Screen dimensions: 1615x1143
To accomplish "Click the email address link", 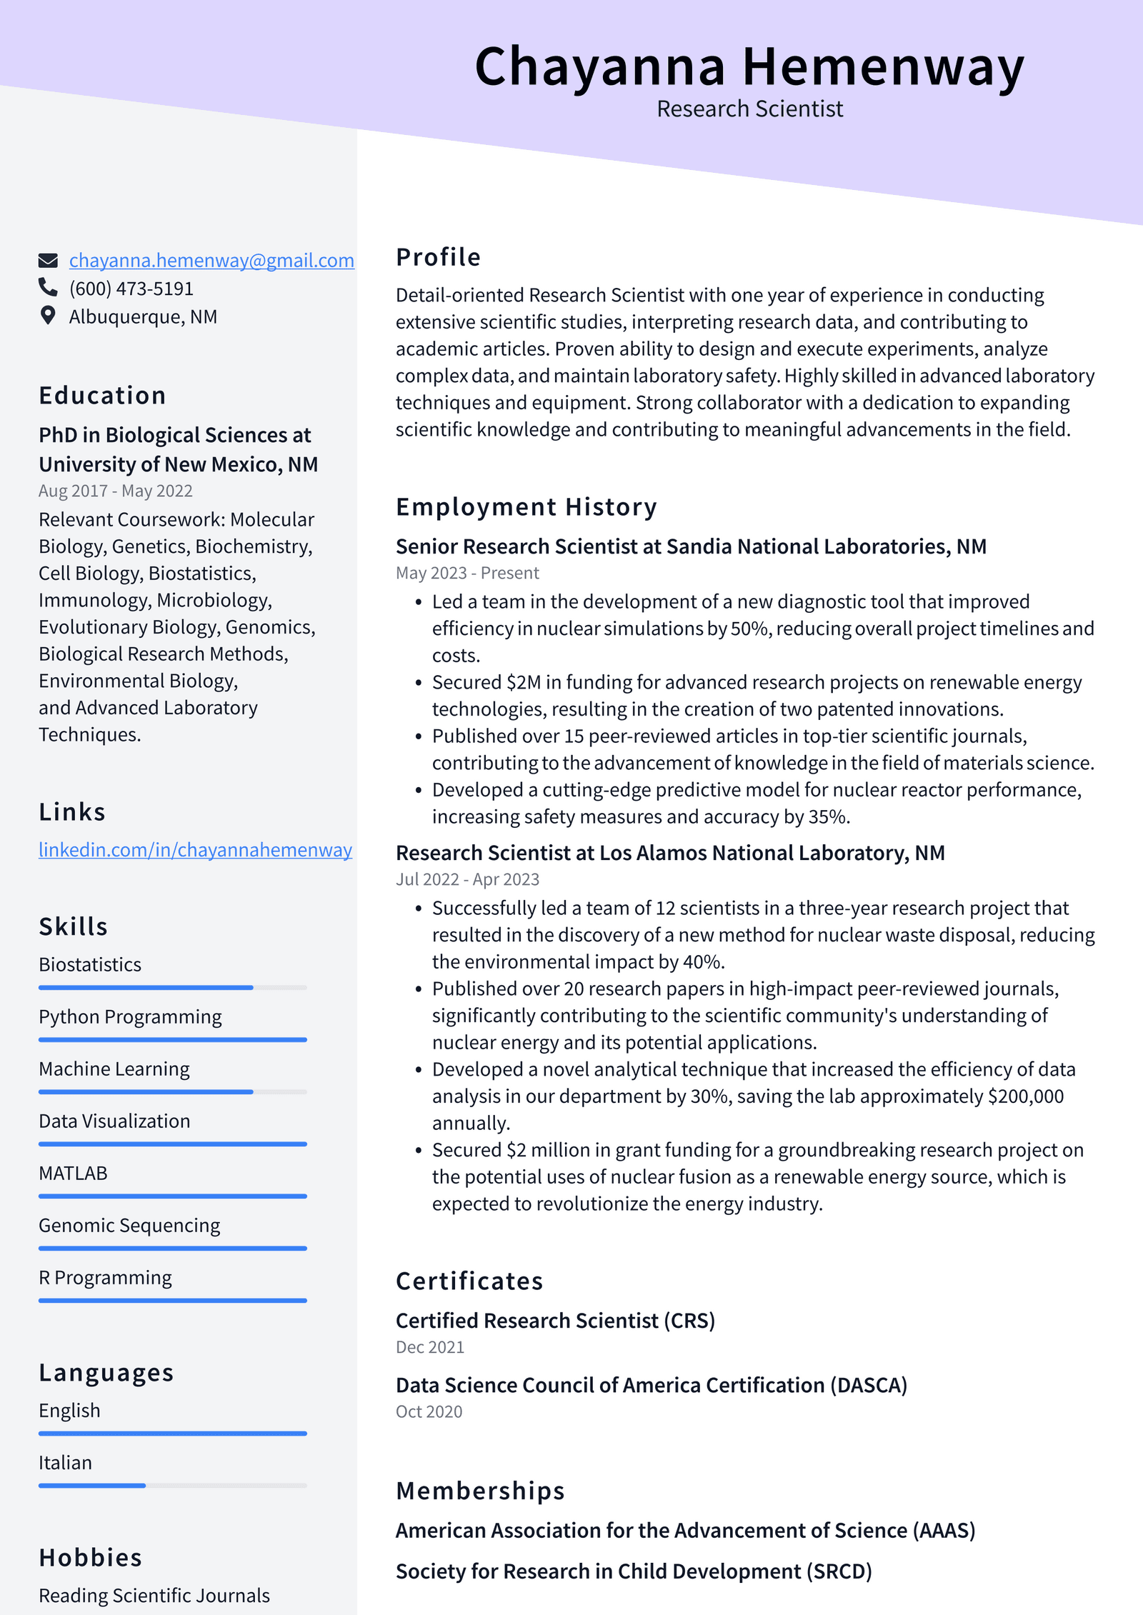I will click(x=211, y=261).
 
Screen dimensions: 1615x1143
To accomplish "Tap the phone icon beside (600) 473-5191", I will click(x=48, y=287).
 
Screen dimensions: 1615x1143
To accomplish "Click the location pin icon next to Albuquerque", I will click(x=48, y=316).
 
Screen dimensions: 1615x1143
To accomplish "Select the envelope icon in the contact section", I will click(x=48, y=261).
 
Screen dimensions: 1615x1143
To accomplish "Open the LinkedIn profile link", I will click(x=195, y=850).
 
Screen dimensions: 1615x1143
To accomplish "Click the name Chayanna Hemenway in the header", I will click(x=749, y=66).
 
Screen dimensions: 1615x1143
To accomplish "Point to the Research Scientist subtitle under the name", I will click(x=749, y=109).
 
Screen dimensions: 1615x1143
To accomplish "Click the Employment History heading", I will click(x=526, y=507).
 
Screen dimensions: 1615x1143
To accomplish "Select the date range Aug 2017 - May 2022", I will click(x=116, y=491).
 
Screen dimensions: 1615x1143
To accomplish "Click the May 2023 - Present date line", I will click(x=467, y=573).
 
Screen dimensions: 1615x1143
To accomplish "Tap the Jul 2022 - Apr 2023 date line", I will click(x=467, y=879).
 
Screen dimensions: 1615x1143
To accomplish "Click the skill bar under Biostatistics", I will click(x=172, y=987).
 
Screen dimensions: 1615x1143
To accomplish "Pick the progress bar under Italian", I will click(x=172, y=1486).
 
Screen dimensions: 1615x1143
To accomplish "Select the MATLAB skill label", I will click(x=73, y=1174).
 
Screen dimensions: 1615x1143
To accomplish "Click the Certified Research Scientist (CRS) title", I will click(x=555, y=1321).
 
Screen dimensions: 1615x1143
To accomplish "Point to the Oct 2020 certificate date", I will click(x=429, y=1412).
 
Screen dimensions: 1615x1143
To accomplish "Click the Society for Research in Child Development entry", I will click(x=634, y=1571).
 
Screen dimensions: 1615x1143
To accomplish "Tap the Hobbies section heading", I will click(x=90, y=1558).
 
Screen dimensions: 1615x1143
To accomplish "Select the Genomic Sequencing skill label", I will click(x=129, y=1226).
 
